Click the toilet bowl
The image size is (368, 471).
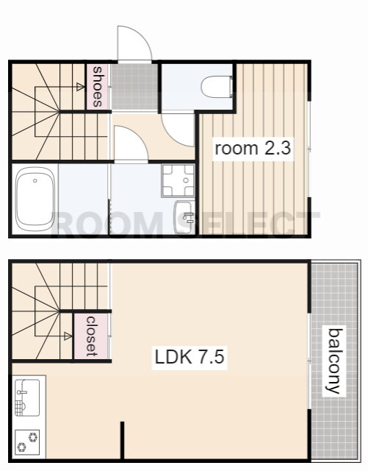[x=217, y=87]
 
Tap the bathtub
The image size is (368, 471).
[x=35, y=199]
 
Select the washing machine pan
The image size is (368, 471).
[x=178, y=180]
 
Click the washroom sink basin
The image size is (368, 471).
[x=184, y=217]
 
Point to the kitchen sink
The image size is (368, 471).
[x=27, y=397]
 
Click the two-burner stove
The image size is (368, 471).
[x=27, y=442]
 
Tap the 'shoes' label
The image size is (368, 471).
[x=98, y=87]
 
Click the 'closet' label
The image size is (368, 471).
[x=92, y=336]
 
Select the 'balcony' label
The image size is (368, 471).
[x=333, y=361]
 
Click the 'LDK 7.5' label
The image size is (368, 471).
[x=190, y=357]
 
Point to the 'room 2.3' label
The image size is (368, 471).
[x=253, y=149]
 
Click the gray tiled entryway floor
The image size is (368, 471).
[x=134, y=87]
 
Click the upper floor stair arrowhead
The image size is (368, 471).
[x=80, y=87]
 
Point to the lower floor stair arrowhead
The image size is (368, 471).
[x=68, y=336]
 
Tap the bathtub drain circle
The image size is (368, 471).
[x=35, y=180]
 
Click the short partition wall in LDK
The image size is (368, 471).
[x=122, y=440]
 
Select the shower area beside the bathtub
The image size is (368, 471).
[x=83, y=199]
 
